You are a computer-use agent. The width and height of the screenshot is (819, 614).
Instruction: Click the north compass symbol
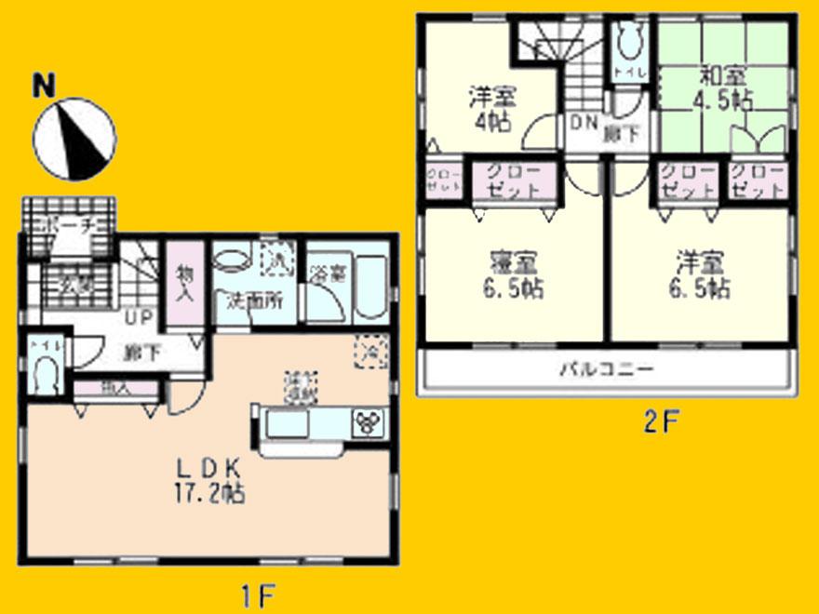tap(74, 139)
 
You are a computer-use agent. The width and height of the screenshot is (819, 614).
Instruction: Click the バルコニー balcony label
tap(606, 368)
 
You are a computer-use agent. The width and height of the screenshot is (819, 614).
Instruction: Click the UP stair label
tap(141, 317)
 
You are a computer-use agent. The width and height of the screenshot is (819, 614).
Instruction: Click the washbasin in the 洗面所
tap(233, 258)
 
